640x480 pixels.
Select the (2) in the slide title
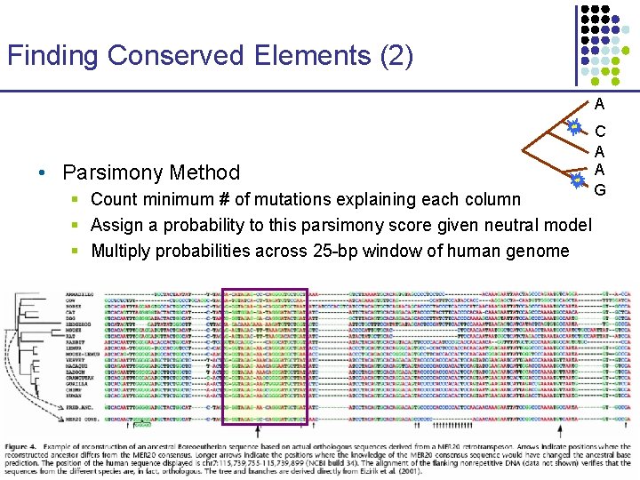coord(395,56)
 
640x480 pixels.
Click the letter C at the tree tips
coord(600,132)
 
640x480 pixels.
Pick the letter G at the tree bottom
coord(600,189)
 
